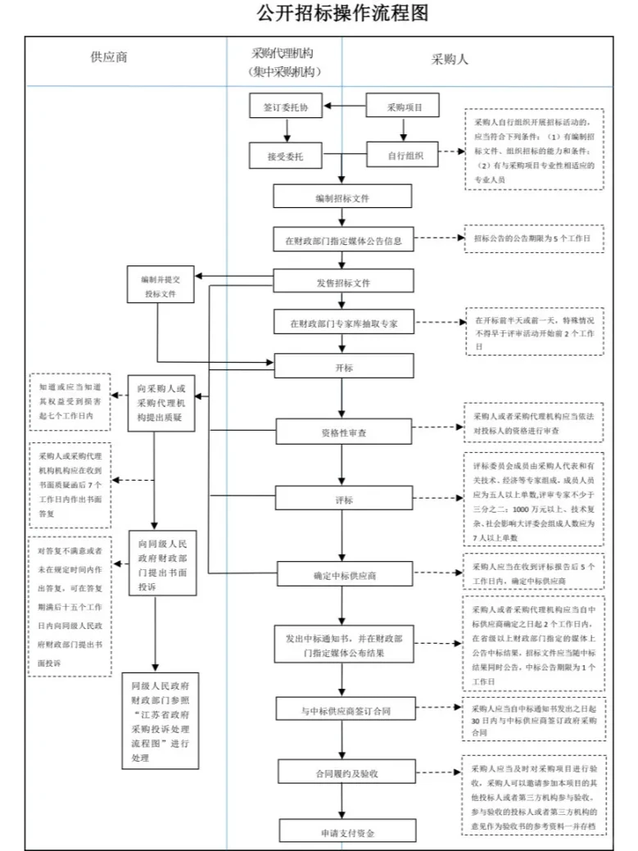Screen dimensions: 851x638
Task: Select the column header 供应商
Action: pyautogui.click(x=109, y=58)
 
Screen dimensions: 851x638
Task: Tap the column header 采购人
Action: pyautogui.click(x=450, y=59)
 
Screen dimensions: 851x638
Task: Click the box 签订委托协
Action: pyautogui.click(x=286, y=106)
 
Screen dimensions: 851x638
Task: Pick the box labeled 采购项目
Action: pyautogui.click(x=402, y=106)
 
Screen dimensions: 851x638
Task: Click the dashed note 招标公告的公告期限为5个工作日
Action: pyautogui.click(x=532, y=238)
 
